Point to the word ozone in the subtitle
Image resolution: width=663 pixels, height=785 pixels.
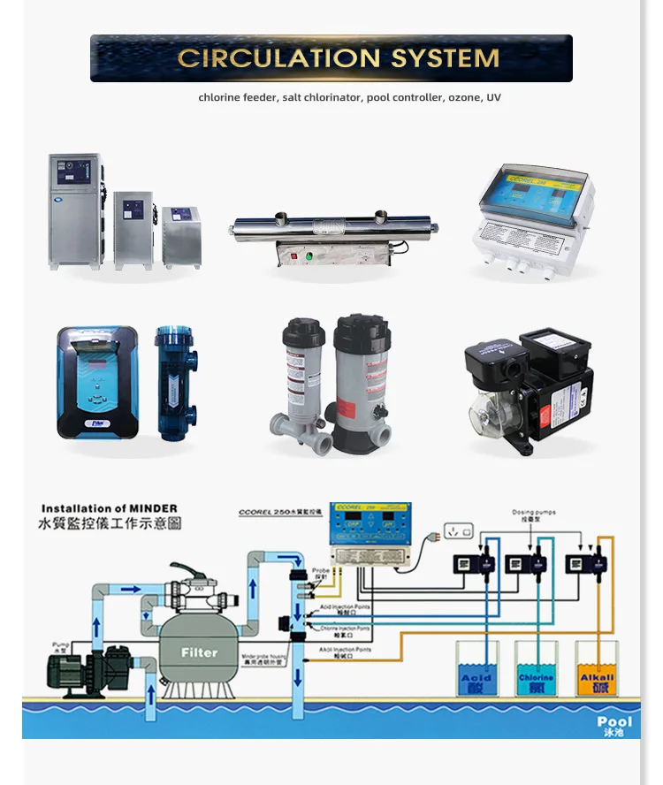(x=462, y=97)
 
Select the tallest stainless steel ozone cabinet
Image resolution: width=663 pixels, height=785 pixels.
(x=74, y=211)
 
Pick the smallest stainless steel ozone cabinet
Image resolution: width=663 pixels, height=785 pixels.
(x=179, y=237)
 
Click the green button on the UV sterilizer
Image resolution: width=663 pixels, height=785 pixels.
(x=309, y=257)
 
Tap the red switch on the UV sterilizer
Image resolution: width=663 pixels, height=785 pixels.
(x=288, y=257)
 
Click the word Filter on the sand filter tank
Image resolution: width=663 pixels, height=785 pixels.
(x=199, y=652)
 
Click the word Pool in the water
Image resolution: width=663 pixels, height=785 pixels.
(x=613, y=722)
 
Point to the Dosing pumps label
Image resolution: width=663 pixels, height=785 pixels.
(x=533, y=513)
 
